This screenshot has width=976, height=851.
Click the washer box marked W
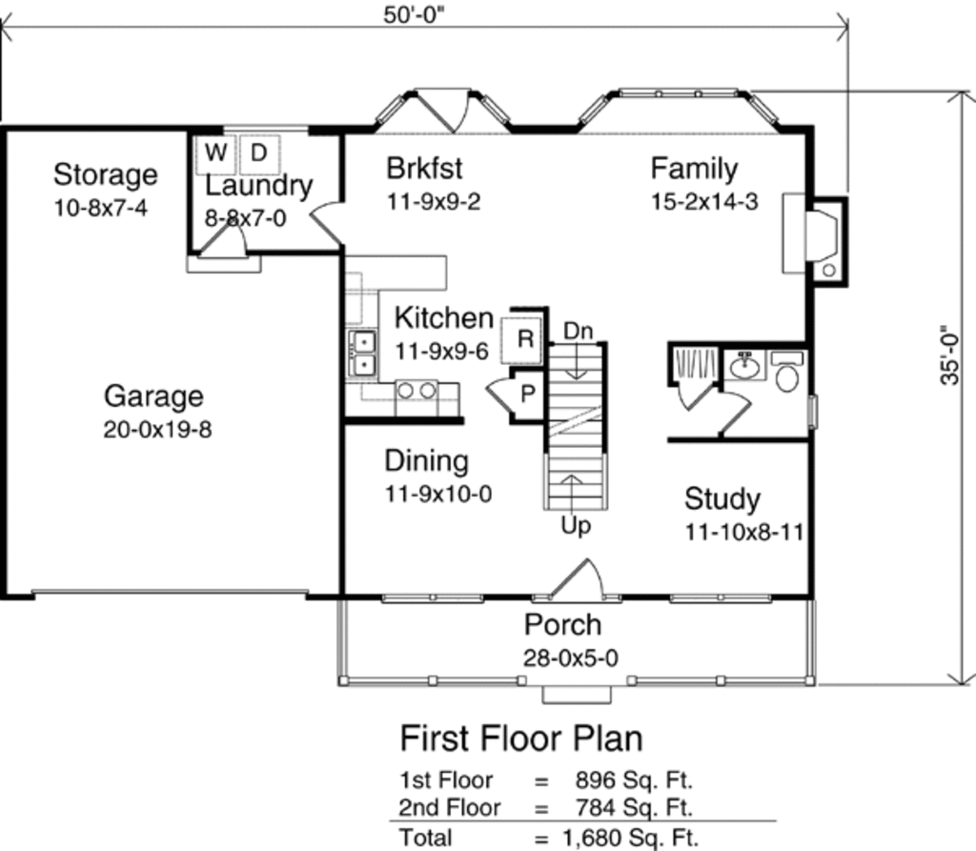(216, 152)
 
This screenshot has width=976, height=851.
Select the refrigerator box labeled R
(526, 338)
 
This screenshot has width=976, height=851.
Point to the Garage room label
(153, 395)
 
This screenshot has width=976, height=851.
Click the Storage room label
(105, 175)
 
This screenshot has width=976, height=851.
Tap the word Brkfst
(424, 169)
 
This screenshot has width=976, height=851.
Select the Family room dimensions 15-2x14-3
(704, 202)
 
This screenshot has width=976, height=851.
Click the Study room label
(722, 499)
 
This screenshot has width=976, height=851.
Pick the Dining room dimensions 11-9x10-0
(438, 495)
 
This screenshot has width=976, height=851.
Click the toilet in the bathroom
(787, 375)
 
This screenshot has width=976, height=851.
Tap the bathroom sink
(743, 365)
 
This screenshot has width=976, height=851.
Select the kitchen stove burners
(417, 391)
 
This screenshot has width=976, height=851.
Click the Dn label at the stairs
(578, 331)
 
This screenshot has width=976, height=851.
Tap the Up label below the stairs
(576, 525)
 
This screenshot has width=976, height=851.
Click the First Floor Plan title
(520, 739)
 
